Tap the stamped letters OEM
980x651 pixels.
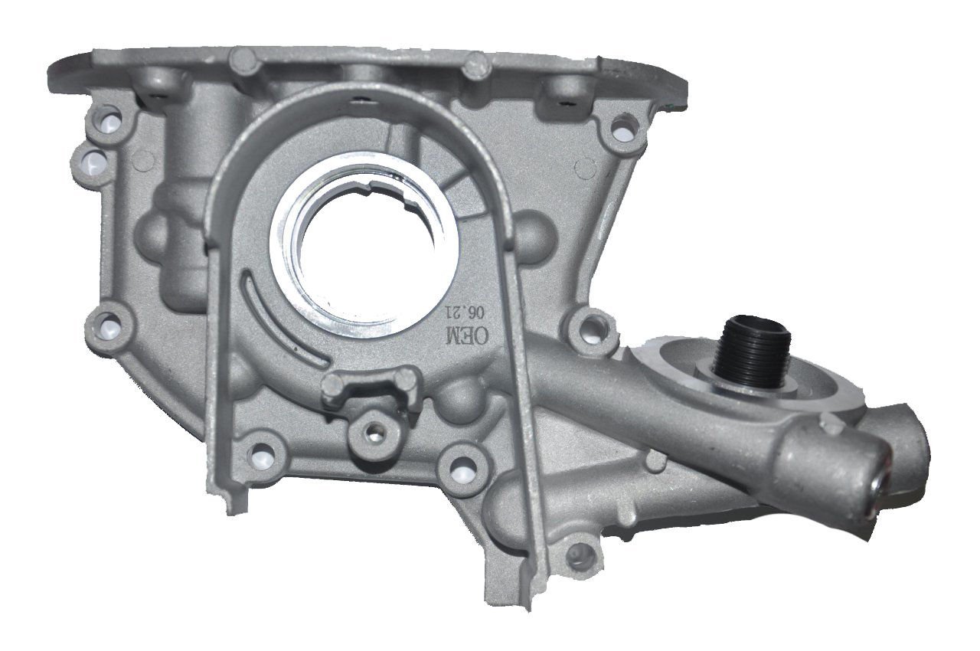(459, 334)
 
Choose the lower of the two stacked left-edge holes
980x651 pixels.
(93, 160)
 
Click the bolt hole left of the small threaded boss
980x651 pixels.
(263, 450)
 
